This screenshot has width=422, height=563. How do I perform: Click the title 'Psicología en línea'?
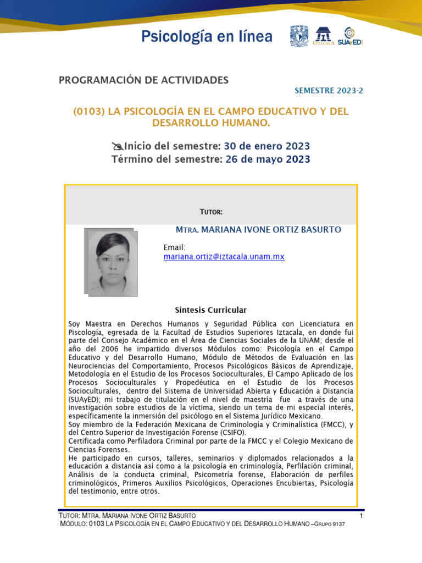coord(207,37)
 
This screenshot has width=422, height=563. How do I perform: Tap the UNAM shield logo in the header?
coord(299,36)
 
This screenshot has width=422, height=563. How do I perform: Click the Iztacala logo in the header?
coord(323,36)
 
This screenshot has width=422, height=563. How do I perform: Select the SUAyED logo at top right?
coord(351,36)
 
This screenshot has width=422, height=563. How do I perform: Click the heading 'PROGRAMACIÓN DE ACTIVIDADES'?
coord(143,80)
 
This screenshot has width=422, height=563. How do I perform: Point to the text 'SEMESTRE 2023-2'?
coord(329,91)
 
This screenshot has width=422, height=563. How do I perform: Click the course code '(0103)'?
coord(89,112)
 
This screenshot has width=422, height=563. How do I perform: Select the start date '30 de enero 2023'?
coord(267,146)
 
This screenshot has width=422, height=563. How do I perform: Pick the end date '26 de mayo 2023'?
coord(268,159)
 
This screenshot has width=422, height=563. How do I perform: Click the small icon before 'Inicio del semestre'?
coord(117,146)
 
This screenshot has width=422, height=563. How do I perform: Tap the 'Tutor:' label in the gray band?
coord(211,212)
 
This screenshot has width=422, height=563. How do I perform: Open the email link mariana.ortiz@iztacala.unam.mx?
coord(224,257)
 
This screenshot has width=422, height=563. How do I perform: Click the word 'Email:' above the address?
coord(175,247)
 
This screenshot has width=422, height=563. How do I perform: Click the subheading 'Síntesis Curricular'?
coord(211,310)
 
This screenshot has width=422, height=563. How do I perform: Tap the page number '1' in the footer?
coord(361,516)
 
